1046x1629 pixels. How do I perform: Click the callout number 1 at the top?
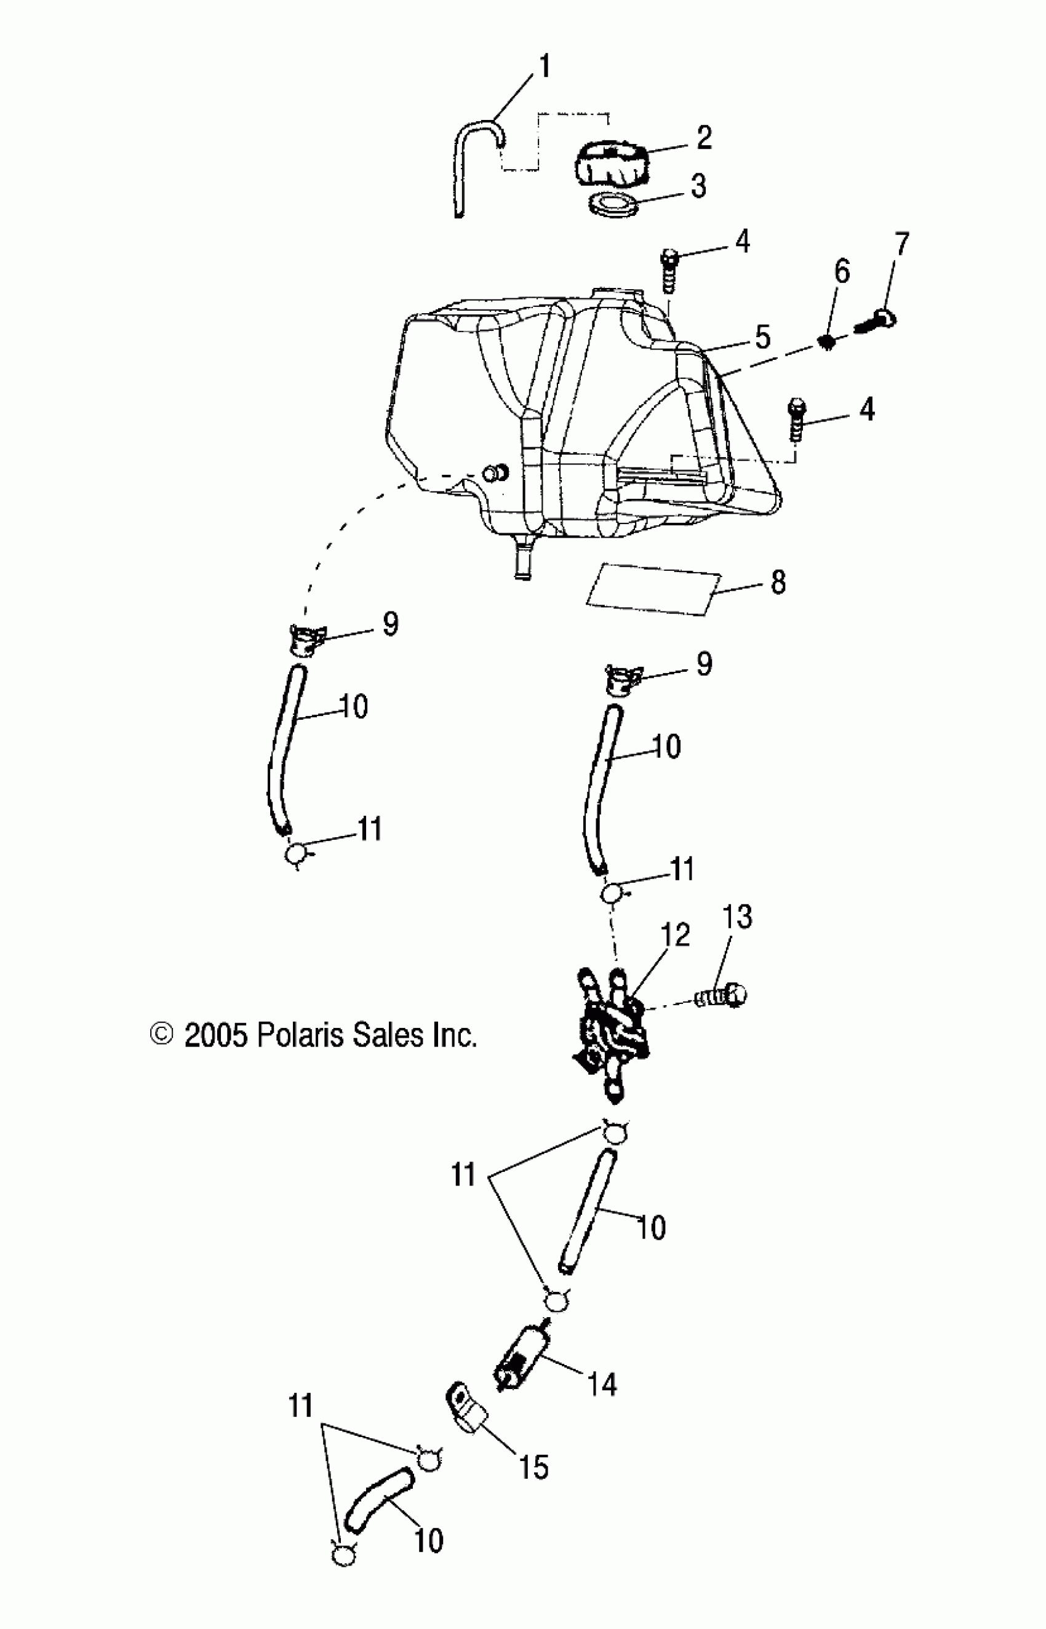[544, 68]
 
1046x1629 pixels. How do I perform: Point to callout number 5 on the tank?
[763, 337]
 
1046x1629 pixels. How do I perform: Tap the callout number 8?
[778, 582]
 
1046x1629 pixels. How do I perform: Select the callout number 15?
[534, 1467]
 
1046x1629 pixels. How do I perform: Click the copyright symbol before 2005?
[162, 1035]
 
